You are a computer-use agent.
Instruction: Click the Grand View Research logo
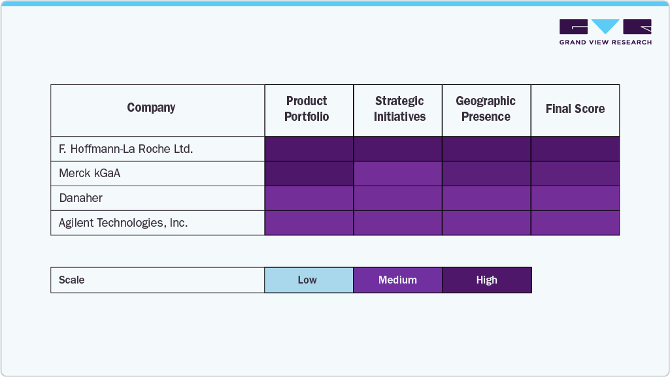605,32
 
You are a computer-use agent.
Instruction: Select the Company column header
151,108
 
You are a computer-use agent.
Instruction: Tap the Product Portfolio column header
307,109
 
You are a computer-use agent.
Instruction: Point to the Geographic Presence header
486,109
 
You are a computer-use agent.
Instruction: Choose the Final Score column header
575,109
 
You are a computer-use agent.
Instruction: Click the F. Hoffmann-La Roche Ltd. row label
126,149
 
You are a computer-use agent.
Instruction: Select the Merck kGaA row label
90,174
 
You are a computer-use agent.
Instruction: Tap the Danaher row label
81,198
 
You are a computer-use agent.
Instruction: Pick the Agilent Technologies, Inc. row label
123,223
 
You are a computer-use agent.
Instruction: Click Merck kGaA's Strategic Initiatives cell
398,174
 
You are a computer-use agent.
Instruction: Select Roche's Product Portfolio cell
309,149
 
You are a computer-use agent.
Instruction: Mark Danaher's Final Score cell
575,198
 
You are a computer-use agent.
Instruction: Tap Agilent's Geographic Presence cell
486,223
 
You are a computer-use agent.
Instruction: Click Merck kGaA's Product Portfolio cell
309,174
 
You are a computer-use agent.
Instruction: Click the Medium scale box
398,280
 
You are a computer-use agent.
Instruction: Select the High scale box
487,280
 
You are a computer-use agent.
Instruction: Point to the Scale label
72,280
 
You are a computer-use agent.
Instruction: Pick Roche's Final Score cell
575,149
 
